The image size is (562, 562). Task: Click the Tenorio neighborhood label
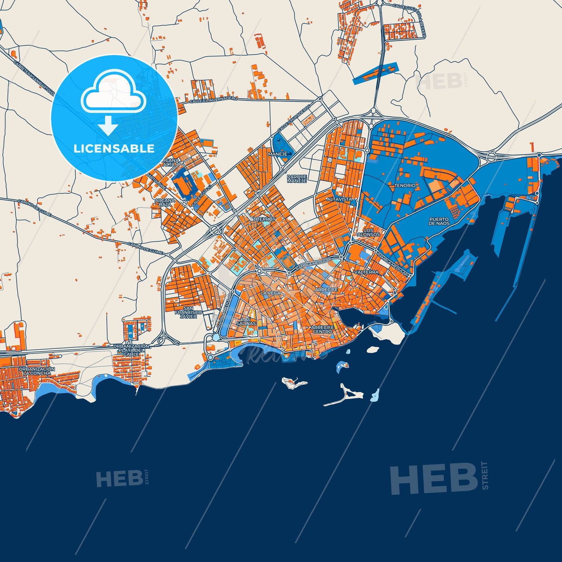(x=405, y=186)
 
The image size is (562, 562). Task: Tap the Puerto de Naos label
(x=439, y=222)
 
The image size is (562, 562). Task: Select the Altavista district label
(x=339, y=199)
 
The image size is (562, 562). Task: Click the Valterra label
(x=366, y=272)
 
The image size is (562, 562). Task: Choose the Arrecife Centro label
(x=322, y=329)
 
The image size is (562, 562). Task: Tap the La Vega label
(x=271, y=293)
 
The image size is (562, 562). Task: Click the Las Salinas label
(x=246, y=321)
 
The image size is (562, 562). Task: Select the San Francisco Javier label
(x=189, y=312)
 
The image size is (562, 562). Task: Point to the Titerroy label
(x=264, y=219)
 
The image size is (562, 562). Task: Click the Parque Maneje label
(x=297, y=179)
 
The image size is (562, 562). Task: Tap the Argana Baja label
(x=165, y=203)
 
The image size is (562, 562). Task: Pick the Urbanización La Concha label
(x=37, y=371)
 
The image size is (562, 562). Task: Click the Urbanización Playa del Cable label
(x=131, y=350)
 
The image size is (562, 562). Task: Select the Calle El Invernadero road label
(x=213, y=100)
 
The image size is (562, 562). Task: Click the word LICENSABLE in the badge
(x=114, y=149)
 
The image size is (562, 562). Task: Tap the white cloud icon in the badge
(x=113, y=94)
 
